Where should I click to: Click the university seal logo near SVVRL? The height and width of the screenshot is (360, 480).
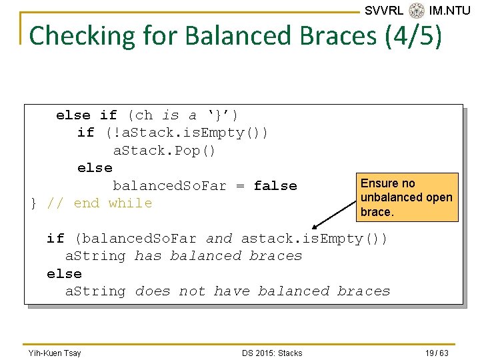click(x=417, y=10)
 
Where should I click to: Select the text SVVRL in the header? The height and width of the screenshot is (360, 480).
click(x=384, y=10)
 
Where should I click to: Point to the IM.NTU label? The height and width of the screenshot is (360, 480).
click(x=449, y=10)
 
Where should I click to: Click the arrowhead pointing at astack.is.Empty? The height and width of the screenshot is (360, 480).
click(x=315, y=227)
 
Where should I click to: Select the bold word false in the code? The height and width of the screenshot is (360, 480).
click(x=275, y=186)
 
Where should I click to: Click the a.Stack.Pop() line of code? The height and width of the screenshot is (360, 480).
click(x=164, y=151)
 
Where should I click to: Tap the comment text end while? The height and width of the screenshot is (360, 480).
click(x=113, y=203)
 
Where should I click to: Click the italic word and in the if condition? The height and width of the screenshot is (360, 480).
click(x=219, y=239)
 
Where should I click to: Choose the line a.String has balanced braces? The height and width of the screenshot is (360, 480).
click(x=183, y=256)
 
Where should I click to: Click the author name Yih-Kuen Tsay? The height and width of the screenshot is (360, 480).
click(x=55, y=353)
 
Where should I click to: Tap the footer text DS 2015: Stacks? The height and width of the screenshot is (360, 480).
click(x=272, y=353)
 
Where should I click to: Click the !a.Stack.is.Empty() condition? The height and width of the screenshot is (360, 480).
click(x=187, y=133)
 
